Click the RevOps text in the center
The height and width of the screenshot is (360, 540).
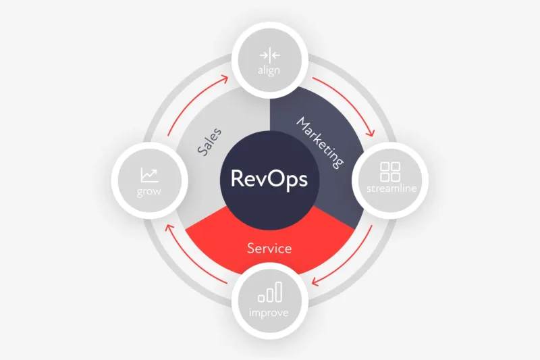point(269,179)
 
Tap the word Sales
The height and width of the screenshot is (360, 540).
point(209,142)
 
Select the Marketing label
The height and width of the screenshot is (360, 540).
point(320,143)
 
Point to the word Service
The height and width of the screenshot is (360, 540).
point(269,249)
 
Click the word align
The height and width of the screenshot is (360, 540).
point(269,70)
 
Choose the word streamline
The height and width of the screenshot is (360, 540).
point(391,188)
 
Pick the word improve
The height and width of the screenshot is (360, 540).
point(269,313)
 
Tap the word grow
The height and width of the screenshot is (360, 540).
point(148,192)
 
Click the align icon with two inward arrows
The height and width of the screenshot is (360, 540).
point(270,55)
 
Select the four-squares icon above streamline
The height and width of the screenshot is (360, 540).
point(390,172)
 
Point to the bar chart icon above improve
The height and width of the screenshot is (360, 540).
point(270,292)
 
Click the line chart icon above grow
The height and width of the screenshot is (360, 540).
point(149,175)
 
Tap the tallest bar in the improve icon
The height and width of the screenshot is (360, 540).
point(279,292)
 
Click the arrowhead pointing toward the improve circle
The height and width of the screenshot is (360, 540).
point(315,282)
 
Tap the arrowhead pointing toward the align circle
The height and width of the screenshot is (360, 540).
point(225,79)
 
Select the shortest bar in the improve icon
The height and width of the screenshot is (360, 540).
point(261,299)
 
